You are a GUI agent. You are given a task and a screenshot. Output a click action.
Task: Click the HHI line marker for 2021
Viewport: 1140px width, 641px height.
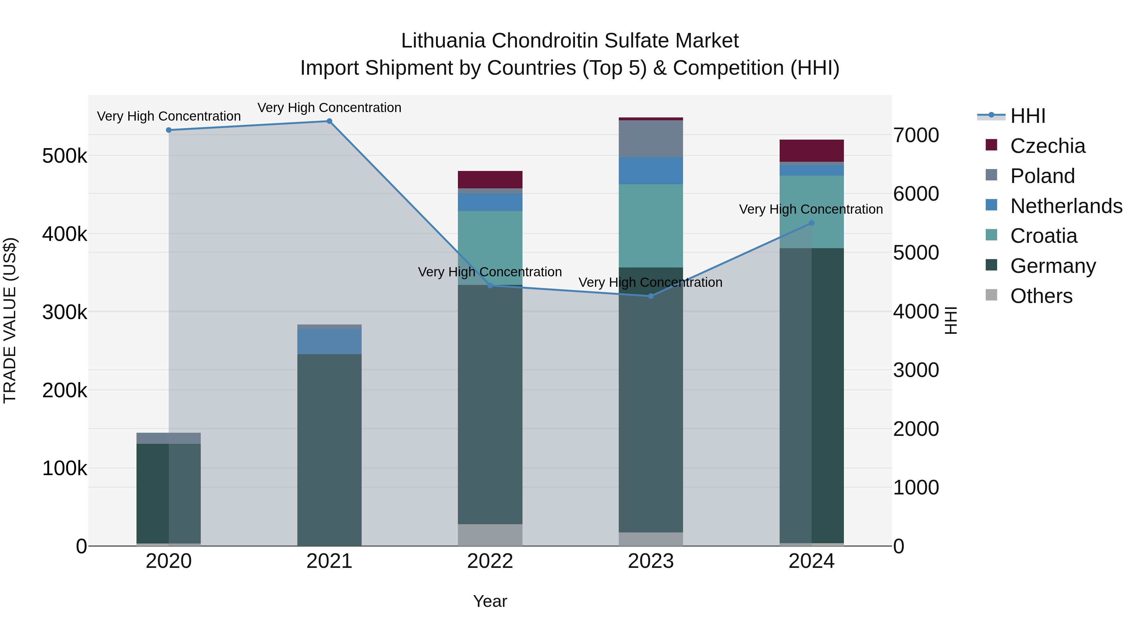click(x=329, y=121)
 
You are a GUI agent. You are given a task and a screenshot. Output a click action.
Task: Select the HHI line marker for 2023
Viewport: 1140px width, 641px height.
click(x=650, y=296)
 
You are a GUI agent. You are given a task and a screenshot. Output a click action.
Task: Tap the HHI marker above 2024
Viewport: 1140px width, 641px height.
click(x=811, y=223)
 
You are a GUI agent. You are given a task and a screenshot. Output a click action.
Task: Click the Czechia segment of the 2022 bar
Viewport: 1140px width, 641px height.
click(x=490, y=179)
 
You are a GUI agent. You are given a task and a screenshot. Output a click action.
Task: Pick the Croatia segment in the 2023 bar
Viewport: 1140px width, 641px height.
click(x=650, y=226)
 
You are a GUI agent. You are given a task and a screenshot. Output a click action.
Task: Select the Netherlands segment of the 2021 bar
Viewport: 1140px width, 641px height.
click(x=329, y=341)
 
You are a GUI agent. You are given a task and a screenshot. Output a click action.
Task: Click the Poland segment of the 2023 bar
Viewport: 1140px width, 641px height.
click(x=650, y=138)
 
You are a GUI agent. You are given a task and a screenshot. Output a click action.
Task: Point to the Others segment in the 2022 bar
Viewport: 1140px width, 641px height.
click(x=490, y=535)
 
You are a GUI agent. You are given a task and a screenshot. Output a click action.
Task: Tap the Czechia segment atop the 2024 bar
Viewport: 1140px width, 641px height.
click(x=811, y=150)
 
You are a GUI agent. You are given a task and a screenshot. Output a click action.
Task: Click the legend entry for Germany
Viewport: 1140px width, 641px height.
click(x=1053, y=266)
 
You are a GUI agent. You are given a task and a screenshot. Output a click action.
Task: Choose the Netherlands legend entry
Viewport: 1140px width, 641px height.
click(x=1066, y=206)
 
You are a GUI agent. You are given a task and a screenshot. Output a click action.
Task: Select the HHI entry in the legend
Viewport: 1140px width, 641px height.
click(x=1028, y=116)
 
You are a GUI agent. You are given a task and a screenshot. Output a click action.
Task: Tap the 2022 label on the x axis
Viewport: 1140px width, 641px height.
click(x=490, y=561)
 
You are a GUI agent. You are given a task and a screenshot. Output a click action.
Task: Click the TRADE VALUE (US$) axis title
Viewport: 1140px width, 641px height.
click(x=10, y=320)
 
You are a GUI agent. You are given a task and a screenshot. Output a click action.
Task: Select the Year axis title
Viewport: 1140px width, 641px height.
click(x=490, y=601)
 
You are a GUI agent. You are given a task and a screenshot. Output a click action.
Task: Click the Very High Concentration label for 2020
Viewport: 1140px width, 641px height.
click(x=168, y=116)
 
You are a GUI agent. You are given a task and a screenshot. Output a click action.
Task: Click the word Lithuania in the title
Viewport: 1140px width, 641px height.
click(x=443, y=41)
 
